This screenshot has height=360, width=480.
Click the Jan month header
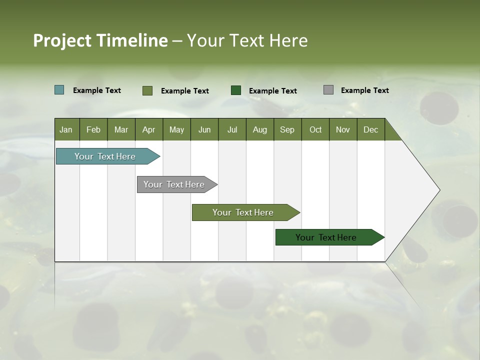pos(66,129)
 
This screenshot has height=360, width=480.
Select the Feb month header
pos(93,129)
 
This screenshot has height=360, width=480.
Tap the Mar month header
pos(121,129)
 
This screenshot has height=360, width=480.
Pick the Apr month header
pos(149,129)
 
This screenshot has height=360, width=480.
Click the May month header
pos(176,129)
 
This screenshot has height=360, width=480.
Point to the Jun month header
pos(204,129)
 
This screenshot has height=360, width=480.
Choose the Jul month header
pos(232,129)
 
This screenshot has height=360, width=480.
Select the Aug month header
pos(260,129)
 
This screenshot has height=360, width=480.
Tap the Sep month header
pos(287,129)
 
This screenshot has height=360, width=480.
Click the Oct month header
pos(315,129)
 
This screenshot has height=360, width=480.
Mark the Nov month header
pos(343,129)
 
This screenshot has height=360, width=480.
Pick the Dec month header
pos(371,129)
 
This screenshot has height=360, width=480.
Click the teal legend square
pos(59,90)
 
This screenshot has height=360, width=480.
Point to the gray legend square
pos(328,90)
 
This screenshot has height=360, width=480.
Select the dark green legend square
pos(236,90)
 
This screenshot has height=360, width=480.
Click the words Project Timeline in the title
pos(100,40)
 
